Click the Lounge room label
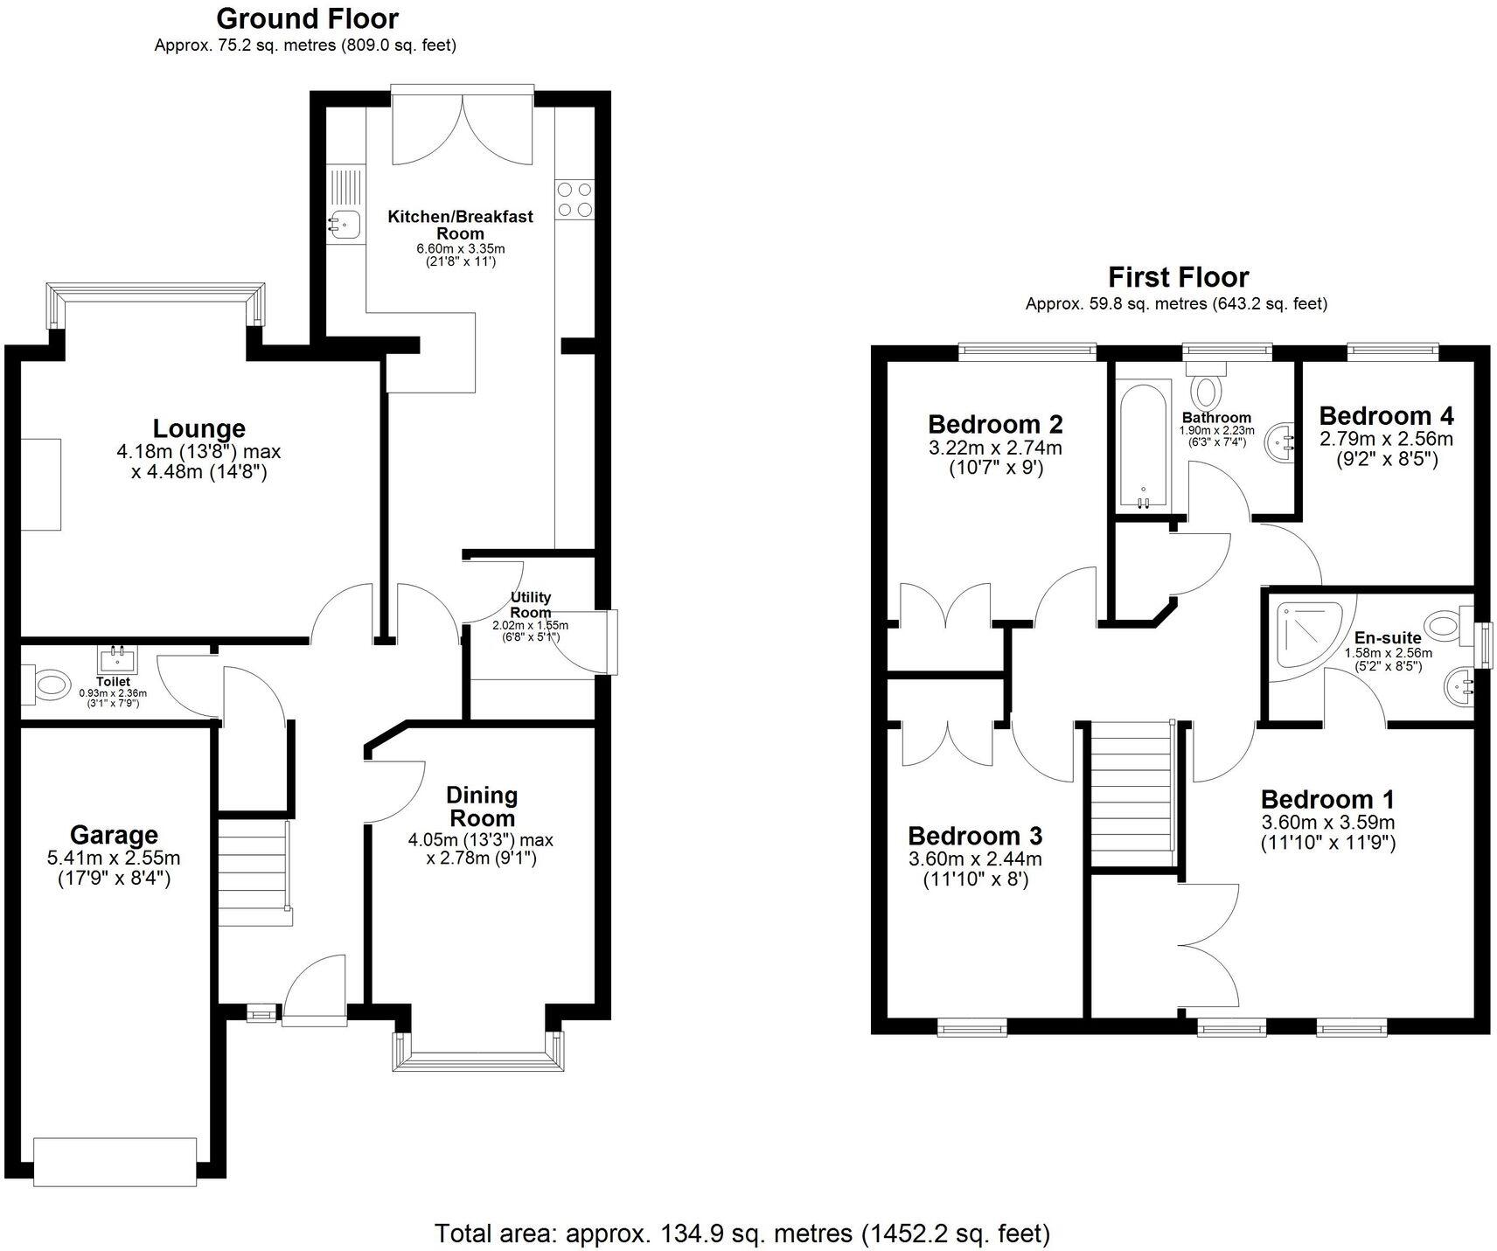[199, 429]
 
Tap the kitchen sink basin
[342, 225]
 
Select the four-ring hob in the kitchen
[574, 198]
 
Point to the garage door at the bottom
[115, 1161]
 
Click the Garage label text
[114, 835]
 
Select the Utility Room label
[531, 605]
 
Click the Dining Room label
[482, 807]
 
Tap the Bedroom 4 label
[1387, 415]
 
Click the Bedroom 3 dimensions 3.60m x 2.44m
[975, 859]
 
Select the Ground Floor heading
[307, 18]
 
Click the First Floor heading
[1178, 277]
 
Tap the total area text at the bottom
[742, 1234]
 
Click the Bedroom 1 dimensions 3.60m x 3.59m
[1327, 823]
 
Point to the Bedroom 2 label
[995, 425]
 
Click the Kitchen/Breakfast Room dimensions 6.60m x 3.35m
[460, 249]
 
